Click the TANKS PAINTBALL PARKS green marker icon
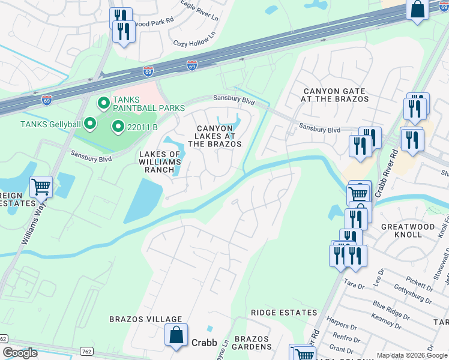pos(103,103)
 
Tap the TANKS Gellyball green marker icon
pos(91,124)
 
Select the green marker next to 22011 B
pos(118,127)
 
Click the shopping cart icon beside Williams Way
pos(41,187)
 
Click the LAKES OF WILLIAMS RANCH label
pos(160,162)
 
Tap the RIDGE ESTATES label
pos(283,313)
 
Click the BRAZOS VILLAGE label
pos(145,319)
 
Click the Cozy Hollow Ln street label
pos(194,43)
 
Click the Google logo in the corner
pos(20,353)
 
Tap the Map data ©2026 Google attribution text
pos(412,355)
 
